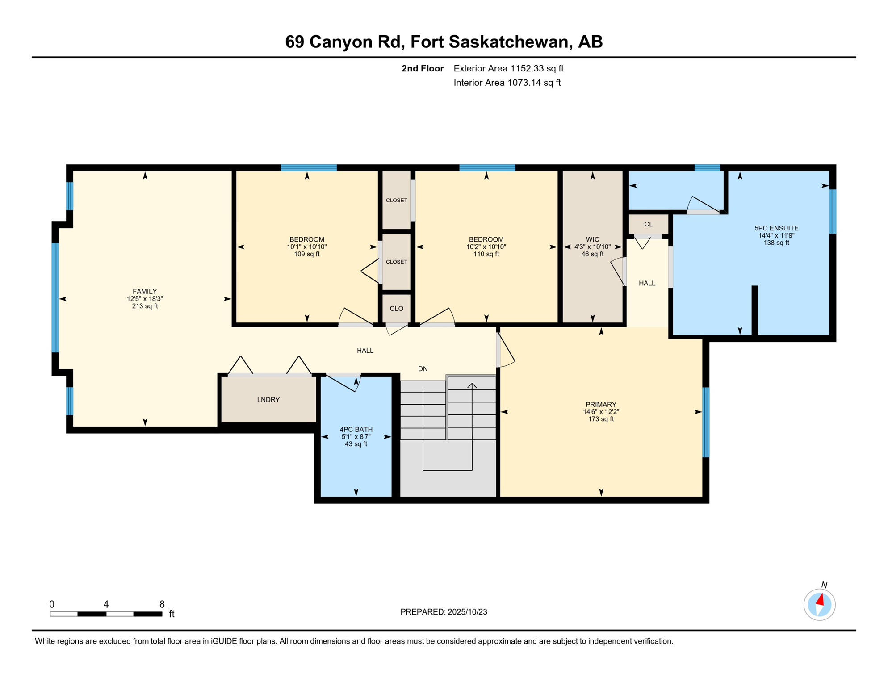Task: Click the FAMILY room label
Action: pyautogui.click(x=145, y=291)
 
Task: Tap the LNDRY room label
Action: pyautogui.click(x=268, y=400)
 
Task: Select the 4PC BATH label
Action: pyautogui.click(x=356, y=429)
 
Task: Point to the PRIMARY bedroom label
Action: pyautogui.click(x=601, y=404)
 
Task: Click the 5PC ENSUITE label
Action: pyautogui.click(x=776, y=228)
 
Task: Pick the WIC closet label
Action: pyautogui.click(x=592, y=239)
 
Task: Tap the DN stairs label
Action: pyautogui.click(x=423, y=369)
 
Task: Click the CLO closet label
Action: pyautogui.click(x=396, y=309)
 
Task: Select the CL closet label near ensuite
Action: pyautogui.click(x=648, y=224)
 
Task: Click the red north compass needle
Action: pyautogui.click(x=820, y=599)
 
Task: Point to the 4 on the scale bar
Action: pyautogui.click(x=106, y=604)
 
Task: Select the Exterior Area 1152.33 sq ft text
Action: pyautogui.click(x=508, y=68)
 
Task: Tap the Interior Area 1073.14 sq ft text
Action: pyautogui.click(x=507, y=83)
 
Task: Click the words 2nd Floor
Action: pyautogui.click(x=422, y=68)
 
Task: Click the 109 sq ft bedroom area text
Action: pyautogui.click(x=307, y=254)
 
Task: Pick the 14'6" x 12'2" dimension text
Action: pyautogui.click(x=601, y=412)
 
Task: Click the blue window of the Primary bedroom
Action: pyautogui.click(x=706, y=422)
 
